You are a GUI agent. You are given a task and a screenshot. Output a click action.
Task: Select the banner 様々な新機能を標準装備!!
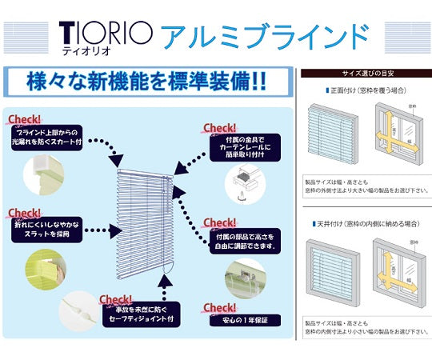pyautogui.click(x=147, y=82)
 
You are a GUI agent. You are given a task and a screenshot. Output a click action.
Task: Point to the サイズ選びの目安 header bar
pyautogui.click(x=365, y=73)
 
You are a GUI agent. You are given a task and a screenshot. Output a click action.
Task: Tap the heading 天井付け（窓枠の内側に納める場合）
pyautogui.click(x=365, y=226)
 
